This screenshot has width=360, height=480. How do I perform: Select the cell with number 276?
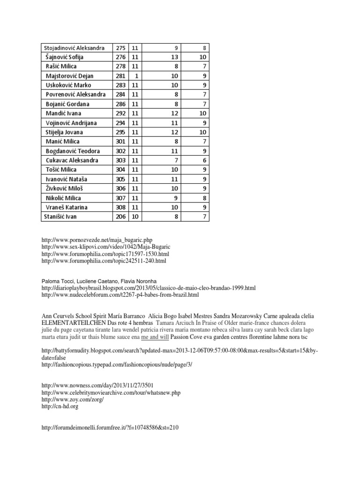coord(120,57)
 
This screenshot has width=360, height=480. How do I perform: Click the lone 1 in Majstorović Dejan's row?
coord(135,76)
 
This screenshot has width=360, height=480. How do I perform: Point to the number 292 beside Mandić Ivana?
coord(120,113)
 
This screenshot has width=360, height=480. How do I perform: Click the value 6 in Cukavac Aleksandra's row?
coord(205,160)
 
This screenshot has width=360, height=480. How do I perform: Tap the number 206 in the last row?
coord(120,217)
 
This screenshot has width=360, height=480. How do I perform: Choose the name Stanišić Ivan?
coord(60,217)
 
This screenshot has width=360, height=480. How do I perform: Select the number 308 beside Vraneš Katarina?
coord(120,207)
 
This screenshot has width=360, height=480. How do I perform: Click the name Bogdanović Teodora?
coord(73,151)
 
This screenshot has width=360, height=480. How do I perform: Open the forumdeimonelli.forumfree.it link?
coord(110,427)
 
